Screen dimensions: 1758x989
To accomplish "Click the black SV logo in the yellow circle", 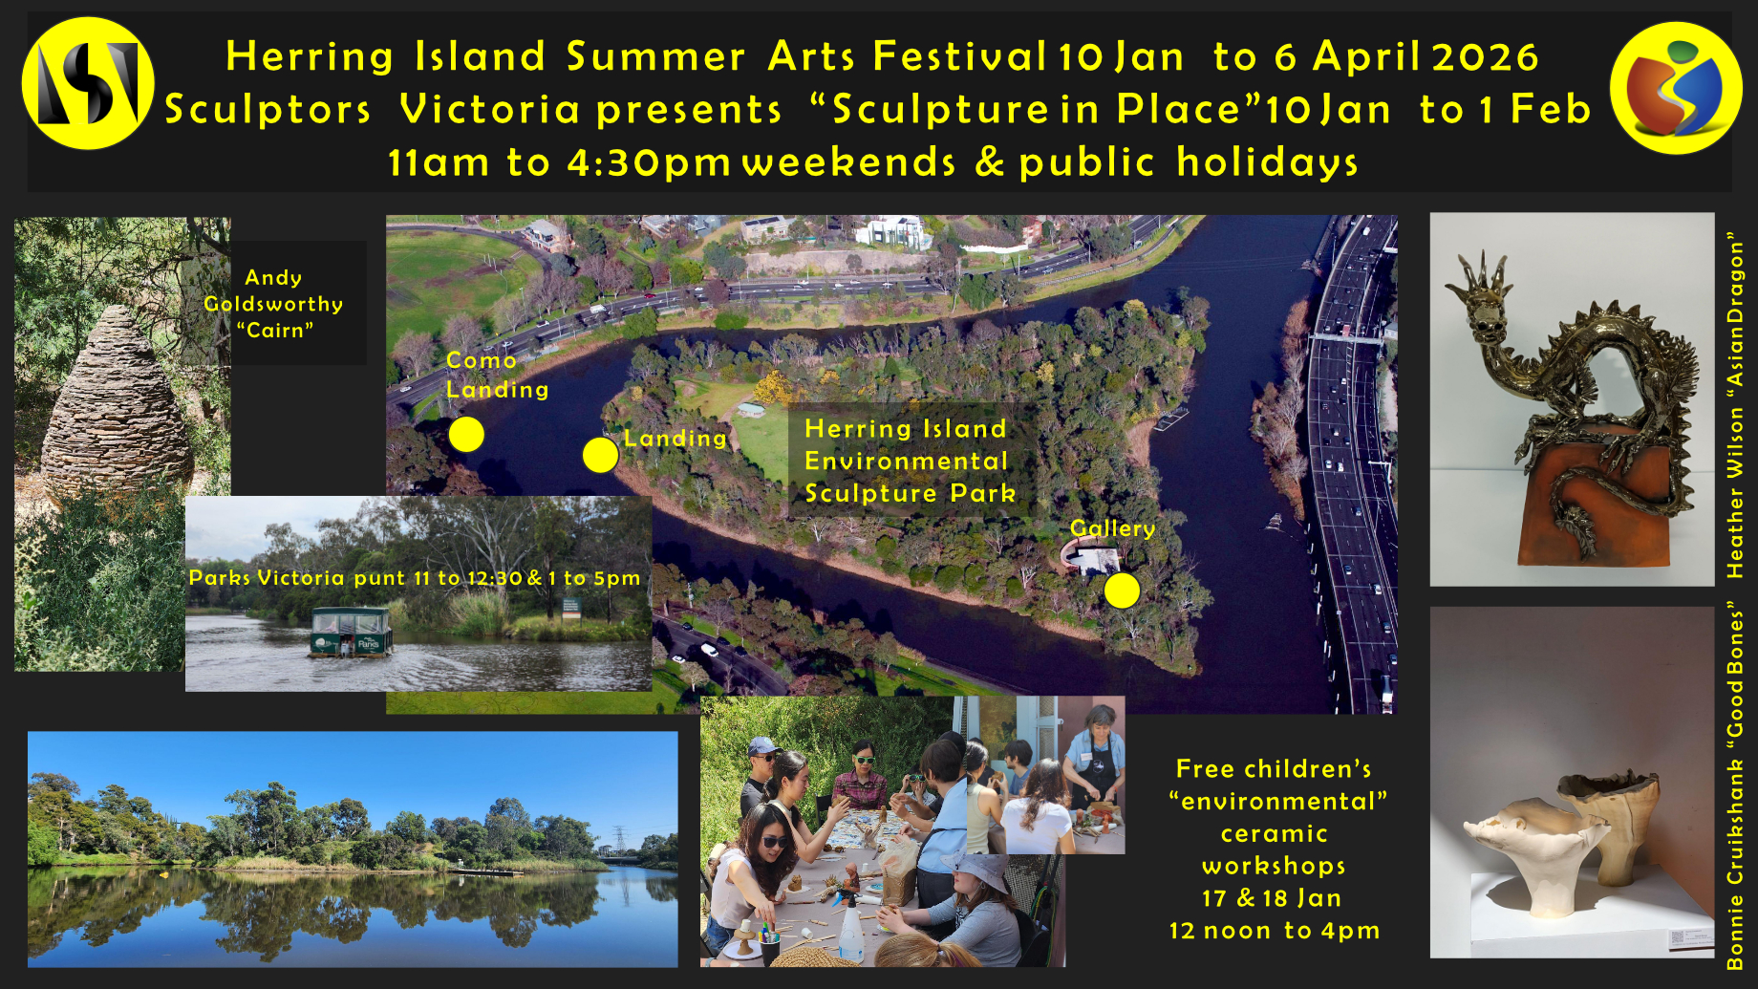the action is [88, 84].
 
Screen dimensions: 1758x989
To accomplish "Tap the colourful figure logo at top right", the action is [1675, 88].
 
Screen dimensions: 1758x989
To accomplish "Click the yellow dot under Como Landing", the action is [466, 434].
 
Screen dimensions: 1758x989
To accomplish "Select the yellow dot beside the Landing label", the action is [600, 455].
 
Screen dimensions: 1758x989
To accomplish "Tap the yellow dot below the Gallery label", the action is [1122, 591].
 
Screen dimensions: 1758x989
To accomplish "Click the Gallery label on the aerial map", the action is [1112, 528].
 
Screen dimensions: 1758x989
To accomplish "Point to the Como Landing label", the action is [497, 375].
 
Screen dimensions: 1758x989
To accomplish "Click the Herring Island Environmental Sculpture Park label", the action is [909, 461].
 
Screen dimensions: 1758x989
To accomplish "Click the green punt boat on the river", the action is [351, 633].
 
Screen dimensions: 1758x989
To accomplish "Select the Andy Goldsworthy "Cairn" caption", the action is [273, 304].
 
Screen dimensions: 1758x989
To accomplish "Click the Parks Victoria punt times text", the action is [415, 577].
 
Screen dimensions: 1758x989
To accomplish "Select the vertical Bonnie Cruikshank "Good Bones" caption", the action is [1735, 785].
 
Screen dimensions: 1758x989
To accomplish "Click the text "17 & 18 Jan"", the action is [1273, 898].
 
